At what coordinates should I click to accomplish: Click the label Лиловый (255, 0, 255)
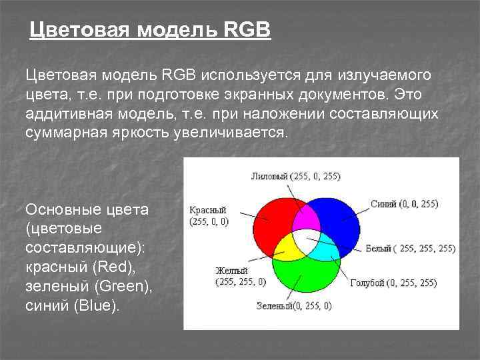click(x=295, y=177)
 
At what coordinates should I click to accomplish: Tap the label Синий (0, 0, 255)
click(x=406, y=204)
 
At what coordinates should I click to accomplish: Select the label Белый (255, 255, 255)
click(x=411, y=248)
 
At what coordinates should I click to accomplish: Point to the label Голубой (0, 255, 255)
click(x=393, y=283)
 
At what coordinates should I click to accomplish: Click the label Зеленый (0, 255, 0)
click(x=294, y=306)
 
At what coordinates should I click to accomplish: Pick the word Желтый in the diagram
click(x=231, y=271)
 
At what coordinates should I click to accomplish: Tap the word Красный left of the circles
click(x=207, y=209)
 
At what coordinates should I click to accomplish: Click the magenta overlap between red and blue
click(x=305, y=217)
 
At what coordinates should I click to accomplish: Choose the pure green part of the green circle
click(x=305, y=280)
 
